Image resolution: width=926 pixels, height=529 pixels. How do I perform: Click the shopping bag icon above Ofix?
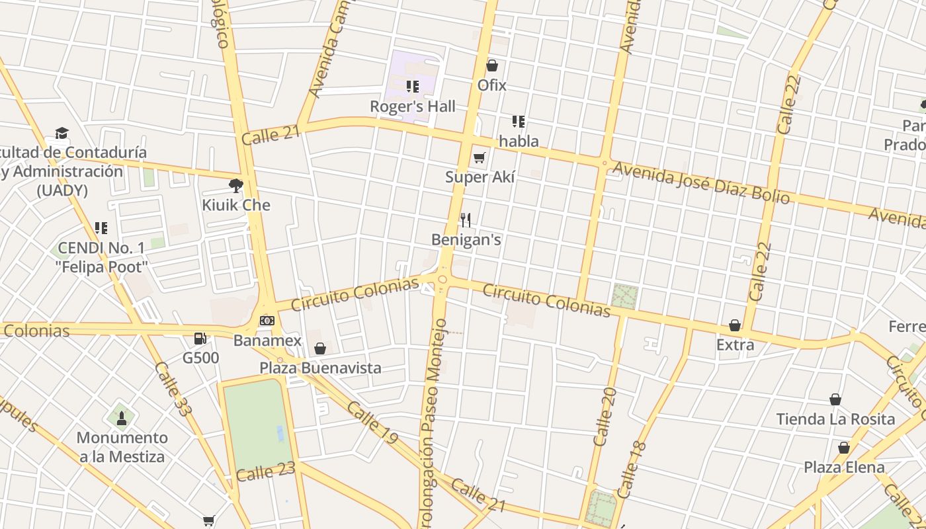[491, 65]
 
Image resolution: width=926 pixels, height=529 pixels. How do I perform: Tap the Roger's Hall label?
[412, 106]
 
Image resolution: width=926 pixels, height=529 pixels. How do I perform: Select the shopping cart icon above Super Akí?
[480, 157]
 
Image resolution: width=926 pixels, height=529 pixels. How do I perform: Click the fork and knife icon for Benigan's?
[466, 220]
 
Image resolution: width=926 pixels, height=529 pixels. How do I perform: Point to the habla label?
[519, 141]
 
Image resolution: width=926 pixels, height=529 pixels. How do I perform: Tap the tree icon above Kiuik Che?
[235, 186]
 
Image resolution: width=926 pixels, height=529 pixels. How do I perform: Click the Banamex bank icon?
[267, 321]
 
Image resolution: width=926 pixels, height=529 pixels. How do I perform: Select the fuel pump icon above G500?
[200, 339]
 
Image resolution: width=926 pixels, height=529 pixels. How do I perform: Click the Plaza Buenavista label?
[320, 368]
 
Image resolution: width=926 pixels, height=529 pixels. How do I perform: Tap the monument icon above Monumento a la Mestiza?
[122, 418]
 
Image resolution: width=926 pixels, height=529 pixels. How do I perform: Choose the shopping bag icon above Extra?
[734, 325]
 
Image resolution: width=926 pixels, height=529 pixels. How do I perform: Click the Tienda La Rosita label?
[835, 419]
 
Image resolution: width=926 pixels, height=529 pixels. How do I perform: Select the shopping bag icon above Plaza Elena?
[843, 448]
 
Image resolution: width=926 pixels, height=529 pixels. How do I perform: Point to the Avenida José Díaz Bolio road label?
[700, 183]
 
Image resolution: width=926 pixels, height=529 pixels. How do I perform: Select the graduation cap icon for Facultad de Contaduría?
[62, 134]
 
